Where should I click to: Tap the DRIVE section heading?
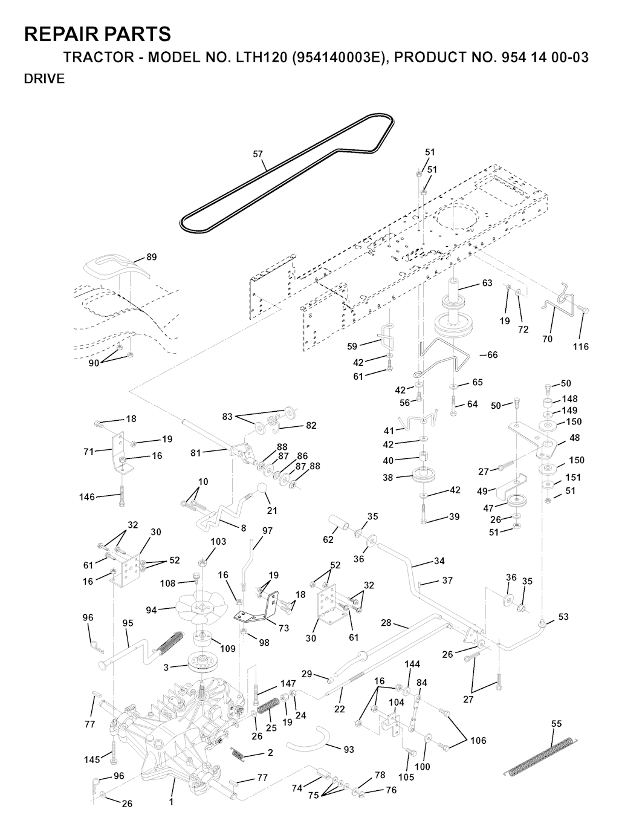(44, 79)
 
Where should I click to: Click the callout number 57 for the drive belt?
(258, 154)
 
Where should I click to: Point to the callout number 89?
(151, 257)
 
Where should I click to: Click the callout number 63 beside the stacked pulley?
(487, 283)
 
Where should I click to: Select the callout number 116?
(580, 346)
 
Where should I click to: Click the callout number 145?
(92, 759)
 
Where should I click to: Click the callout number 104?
(397, 702)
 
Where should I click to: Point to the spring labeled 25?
(268, 704)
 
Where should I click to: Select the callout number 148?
(569, 398)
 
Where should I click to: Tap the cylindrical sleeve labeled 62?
(339, 524)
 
